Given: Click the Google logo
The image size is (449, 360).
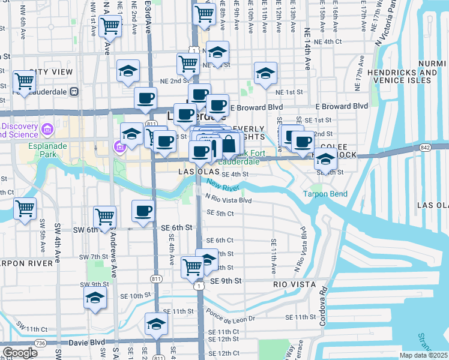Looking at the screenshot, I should point(20,353).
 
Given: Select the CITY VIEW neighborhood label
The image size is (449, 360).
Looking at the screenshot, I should point(51,72).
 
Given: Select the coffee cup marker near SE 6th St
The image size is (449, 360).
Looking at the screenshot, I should point(143,211).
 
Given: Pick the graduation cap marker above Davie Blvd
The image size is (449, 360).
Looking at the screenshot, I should point(157,324).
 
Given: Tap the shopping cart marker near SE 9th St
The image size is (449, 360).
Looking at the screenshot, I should point(193,266).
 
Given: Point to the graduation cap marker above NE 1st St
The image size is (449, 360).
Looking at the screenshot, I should point(265,73).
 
